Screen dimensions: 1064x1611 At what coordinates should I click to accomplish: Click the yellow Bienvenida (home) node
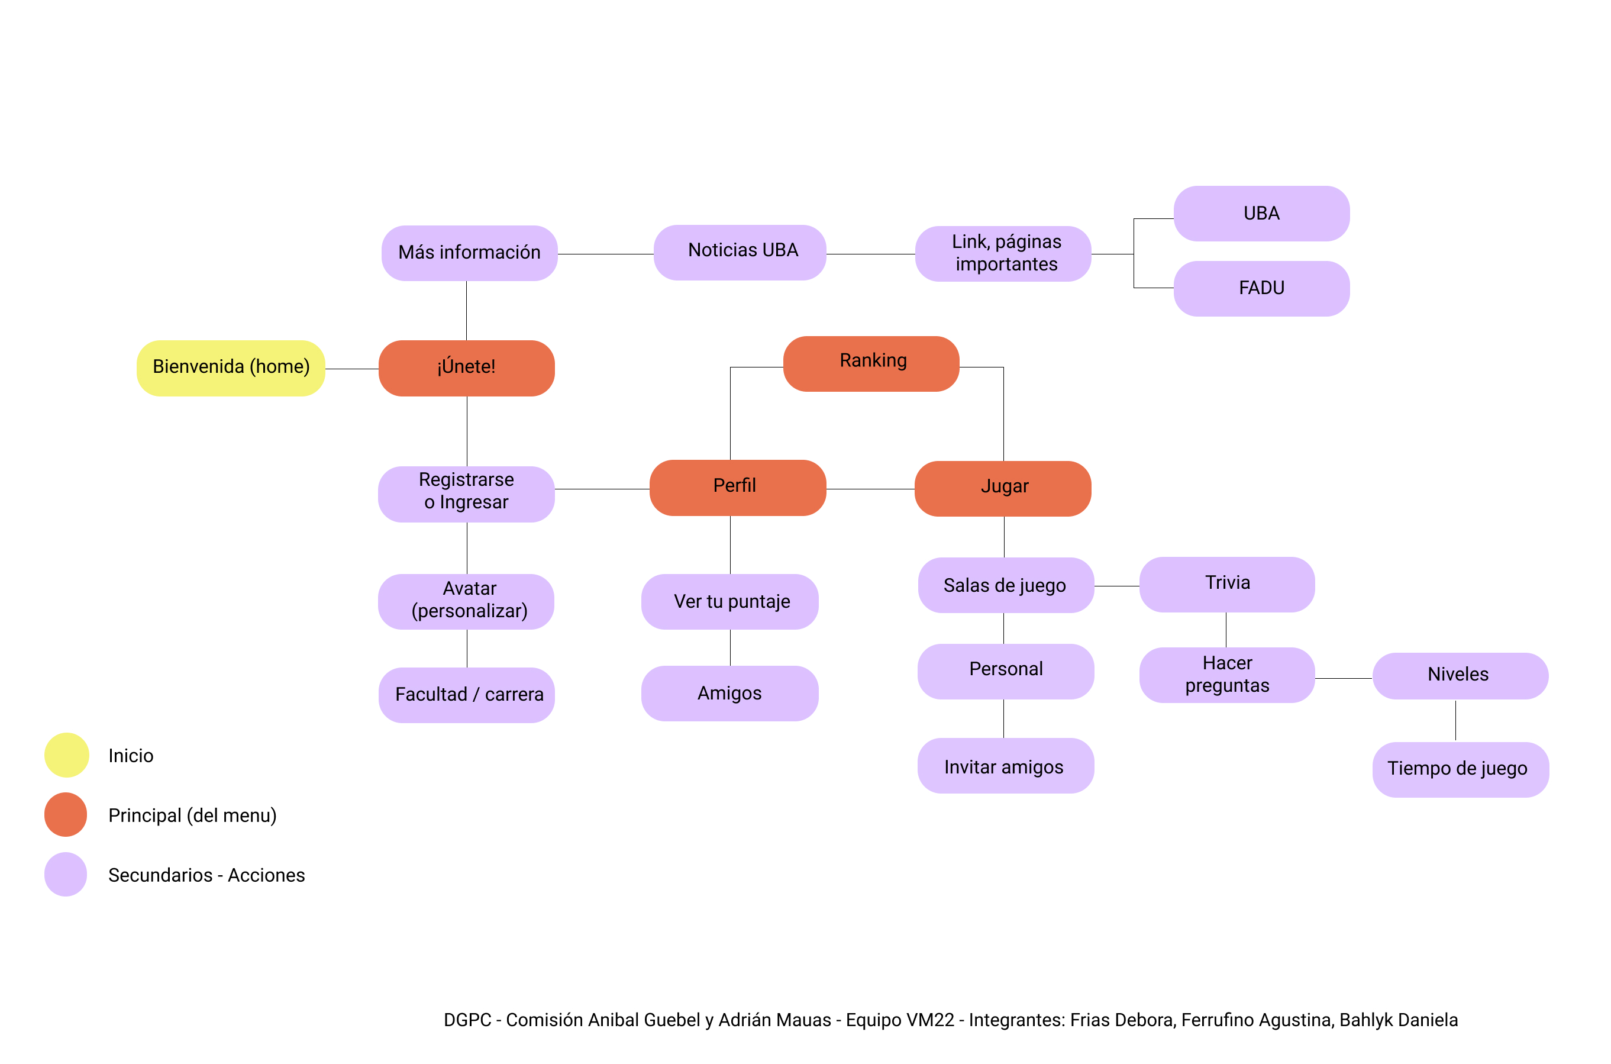point(231,368)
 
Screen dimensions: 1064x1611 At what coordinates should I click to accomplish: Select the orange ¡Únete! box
point(466,368)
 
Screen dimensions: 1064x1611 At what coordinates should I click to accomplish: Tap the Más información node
point(469,253)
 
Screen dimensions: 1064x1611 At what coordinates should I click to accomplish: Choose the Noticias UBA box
point(740,252)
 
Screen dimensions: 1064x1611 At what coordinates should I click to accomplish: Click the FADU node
point(1261,288)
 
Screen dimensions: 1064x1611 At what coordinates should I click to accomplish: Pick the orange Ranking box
point(871,363)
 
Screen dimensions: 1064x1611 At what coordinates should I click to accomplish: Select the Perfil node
point(737,487)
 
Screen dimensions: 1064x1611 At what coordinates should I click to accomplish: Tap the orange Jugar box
point(1003,488)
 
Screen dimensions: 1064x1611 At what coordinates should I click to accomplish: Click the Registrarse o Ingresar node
point(466,494)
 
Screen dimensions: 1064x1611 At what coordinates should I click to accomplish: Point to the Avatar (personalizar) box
point(466,601)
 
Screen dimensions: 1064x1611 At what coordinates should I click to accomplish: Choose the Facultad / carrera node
point(466,695)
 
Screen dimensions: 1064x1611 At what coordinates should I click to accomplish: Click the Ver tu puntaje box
point(729,601)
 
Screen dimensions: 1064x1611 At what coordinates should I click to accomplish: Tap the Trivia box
point(1226,584)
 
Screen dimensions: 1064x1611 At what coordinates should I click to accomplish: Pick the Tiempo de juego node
point(1460,769)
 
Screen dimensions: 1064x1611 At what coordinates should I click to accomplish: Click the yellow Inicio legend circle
point(66,755)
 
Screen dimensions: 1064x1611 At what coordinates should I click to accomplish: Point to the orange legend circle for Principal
point(66,814)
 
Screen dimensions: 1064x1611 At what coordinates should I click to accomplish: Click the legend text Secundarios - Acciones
point(206,875)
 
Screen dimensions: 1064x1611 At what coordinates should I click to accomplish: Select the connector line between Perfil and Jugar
point(870,489)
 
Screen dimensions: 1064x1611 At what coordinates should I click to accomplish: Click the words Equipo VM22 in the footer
point(899,1019)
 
